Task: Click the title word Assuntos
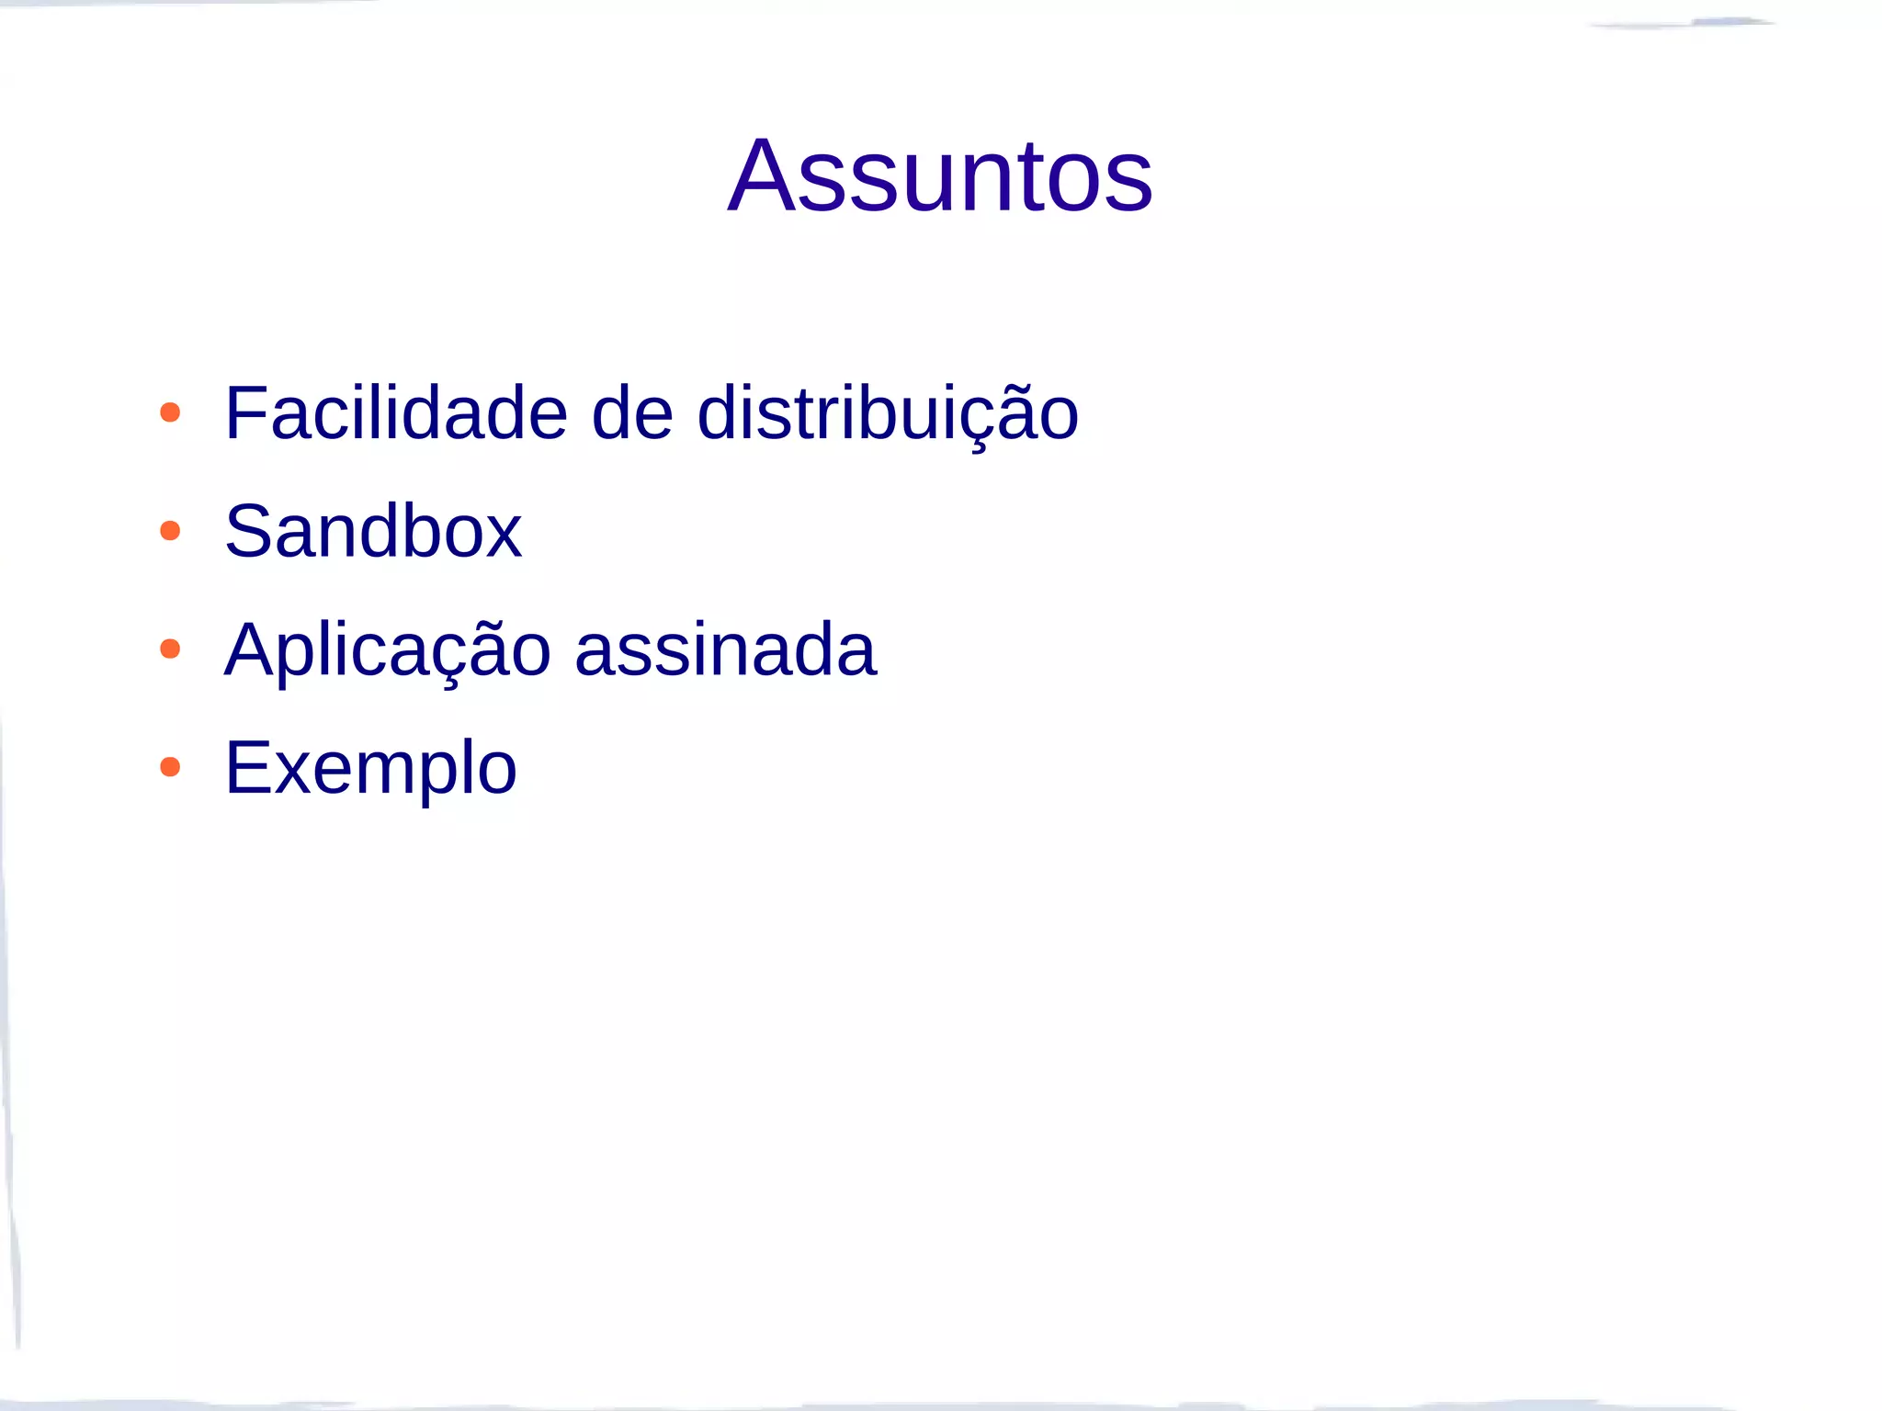pos(939,175)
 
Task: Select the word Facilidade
pos(396,413)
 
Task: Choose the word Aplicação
pos(387,650)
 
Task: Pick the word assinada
pos(725,649)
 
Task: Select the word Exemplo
pos(371,768)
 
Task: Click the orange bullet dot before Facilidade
pos(170,412)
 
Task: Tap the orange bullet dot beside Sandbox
pos(170,531)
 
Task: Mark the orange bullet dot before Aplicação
pos(170,649)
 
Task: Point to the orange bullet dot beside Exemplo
pos(170,767)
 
